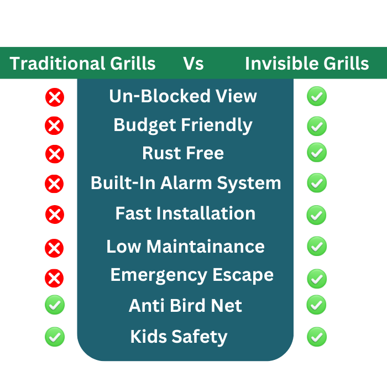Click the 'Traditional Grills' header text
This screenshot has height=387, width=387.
coord(82,64)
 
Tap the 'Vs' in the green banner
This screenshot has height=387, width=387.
coord(193,64)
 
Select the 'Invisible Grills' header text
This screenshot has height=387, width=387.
coord(307,64)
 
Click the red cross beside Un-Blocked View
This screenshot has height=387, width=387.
coord(55,97)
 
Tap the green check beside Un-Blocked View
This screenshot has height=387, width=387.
coord(317,96)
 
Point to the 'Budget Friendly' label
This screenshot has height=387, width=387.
coord(183,125)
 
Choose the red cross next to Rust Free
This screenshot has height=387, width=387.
coord(55,154)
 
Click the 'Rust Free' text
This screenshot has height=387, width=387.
coord(183,153)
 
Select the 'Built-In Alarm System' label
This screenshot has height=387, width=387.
coord(186,184)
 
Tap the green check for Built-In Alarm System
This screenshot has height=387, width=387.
coord(317,182)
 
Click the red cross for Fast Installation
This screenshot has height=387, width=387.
coord(55,215)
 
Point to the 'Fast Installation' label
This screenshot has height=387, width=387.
coord(185,213)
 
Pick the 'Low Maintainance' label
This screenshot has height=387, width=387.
coord(185,247)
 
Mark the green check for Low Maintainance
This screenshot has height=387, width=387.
coord(317,246)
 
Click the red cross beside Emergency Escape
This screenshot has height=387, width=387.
coord(54,278)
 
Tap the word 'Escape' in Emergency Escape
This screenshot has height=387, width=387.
coord(243,275)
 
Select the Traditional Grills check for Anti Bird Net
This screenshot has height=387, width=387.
coord(55,305)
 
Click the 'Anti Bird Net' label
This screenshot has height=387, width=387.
coord(185,306)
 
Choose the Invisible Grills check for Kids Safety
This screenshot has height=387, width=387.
coord(317,337)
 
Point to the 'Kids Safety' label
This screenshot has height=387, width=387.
coord(179,337)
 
